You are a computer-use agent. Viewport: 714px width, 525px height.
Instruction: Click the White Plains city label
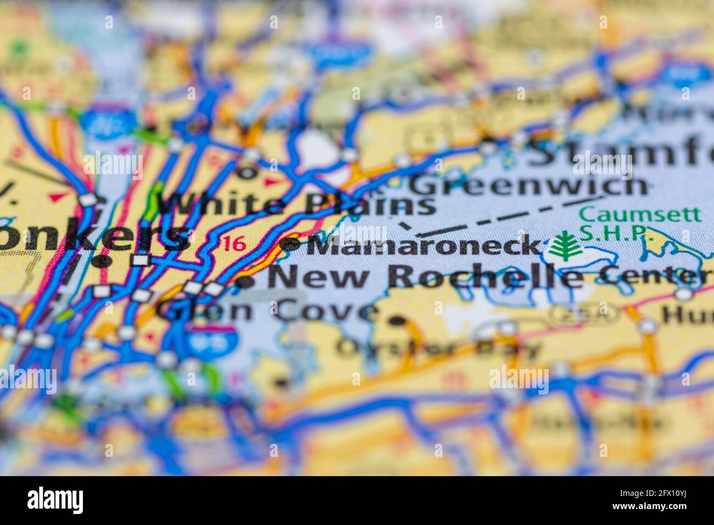(x=297, y=205)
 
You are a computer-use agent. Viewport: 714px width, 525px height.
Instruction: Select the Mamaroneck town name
(x=423, y=245)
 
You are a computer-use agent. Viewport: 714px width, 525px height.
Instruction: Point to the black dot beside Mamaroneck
(x=290, y=243)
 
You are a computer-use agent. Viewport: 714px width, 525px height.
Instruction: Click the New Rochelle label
(x=426, y=276)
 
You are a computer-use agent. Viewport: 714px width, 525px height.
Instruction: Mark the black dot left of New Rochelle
(x=246, y=282)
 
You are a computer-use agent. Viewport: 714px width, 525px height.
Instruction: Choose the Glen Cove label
(x=266, y=311)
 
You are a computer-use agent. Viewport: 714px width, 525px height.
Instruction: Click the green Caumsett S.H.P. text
(x=640, y=222)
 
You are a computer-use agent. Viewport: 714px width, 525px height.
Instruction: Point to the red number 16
(x=235, y=244)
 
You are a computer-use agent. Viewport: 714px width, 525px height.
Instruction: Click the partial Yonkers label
(x=93, y=237)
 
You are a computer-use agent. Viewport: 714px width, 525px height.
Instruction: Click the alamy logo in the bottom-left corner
(x=55, y=500)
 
